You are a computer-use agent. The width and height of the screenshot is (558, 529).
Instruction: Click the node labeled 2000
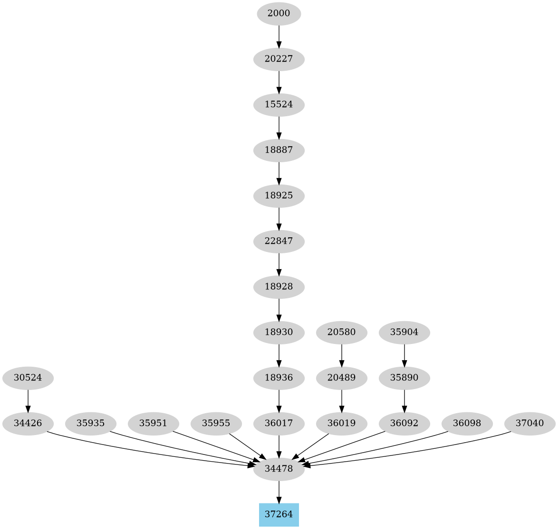[279, 14]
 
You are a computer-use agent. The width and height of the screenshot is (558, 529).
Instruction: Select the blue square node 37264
[279, 514]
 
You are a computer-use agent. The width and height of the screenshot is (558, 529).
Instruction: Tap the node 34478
[279, 469]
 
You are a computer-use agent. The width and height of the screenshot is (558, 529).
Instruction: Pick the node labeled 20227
[279, 59]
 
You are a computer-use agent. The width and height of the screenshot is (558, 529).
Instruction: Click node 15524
[279, 104]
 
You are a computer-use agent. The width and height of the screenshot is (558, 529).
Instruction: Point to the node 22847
[279, 241]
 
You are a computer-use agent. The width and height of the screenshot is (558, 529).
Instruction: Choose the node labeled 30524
[28, 378]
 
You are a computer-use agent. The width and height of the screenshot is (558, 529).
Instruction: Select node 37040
[529, 423]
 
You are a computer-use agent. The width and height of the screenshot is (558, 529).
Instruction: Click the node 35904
[404, 332]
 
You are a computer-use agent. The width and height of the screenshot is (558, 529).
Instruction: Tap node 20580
[341, 332]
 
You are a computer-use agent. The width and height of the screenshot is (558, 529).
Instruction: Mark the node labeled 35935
[90, 423]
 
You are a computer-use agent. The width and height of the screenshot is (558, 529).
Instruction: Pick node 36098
[467, 423]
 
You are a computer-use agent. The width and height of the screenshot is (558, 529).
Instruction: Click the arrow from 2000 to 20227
[279, 37]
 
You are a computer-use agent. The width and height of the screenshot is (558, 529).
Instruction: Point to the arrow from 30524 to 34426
[28, 400]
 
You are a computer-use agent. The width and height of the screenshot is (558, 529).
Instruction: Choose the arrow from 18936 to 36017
[279, 400]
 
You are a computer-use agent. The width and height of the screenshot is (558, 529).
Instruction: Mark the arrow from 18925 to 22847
[279, 218]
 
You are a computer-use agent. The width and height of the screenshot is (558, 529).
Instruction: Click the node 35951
[153, 423]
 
